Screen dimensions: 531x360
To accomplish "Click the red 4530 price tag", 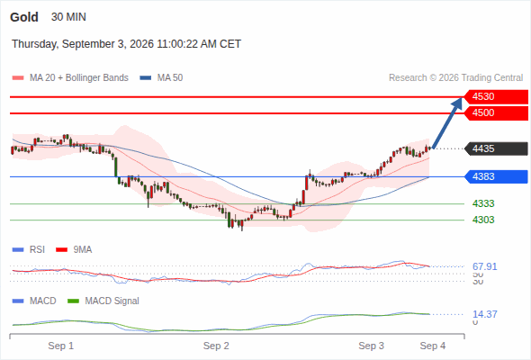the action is pyautogui.click(x=496, y=97).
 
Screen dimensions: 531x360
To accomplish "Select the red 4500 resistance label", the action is pyautogui.click(x=496, y=113).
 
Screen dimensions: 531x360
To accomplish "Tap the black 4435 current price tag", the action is pyautogui.click(x=496, y=148).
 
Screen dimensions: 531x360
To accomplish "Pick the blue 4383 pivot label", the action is pyautogui.click(x=496, y=176).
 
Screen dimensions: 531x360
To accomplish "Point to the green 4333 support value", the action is pyautogui.click(x=483, y=204).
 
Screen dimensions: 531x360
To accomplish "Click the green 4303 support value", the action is pyautogui.click(x=483, y=220).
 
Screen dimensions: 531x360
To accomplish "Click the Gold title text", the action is pyautogui.click(x=24, y=17).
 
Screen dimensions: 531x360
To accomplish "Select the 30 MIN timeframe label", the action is pyautogui.click(x=68, y=17).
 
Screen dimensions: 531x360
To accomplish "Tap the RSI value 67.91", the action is pyautogui.click(x=484, y=266).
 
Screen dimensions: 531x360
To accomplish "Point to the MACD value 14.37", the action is pyautogui.click(x=484, y=314).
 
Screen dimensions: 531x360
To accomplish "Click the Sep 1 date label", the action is pyautogui.click(x=60, y=346).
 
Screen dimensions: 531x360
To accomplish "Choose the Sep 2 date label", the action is pyautogui.click(x=216, y=346).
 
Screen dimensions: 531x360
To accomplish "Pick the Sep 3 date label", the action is pyautogui.click(x=371, y=346).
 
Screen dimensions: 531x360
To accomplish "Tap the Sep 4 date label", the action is pyautogui.click(x=433, y=346).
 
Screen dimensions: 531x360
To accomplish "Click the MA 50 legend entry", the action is pyautogui.click(x=161, y=78).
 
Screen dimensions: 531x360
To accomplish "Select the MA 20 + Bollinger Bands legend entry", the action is pyautogui.click(x=70, y=78).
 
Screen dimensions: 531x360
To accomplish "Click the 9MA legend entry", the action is pyautogui.click(x=74, y=250).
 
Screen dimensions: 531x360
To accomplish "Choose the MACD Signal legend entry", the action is pyautogui.click(x=103, y=301).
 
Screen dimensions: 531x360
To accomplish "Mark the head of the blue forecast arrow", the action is pyautogui.click(x=461, y=98).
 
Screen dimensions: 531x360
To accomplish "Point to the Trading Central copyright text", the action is pyautogui.click(x=455, y=78).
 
